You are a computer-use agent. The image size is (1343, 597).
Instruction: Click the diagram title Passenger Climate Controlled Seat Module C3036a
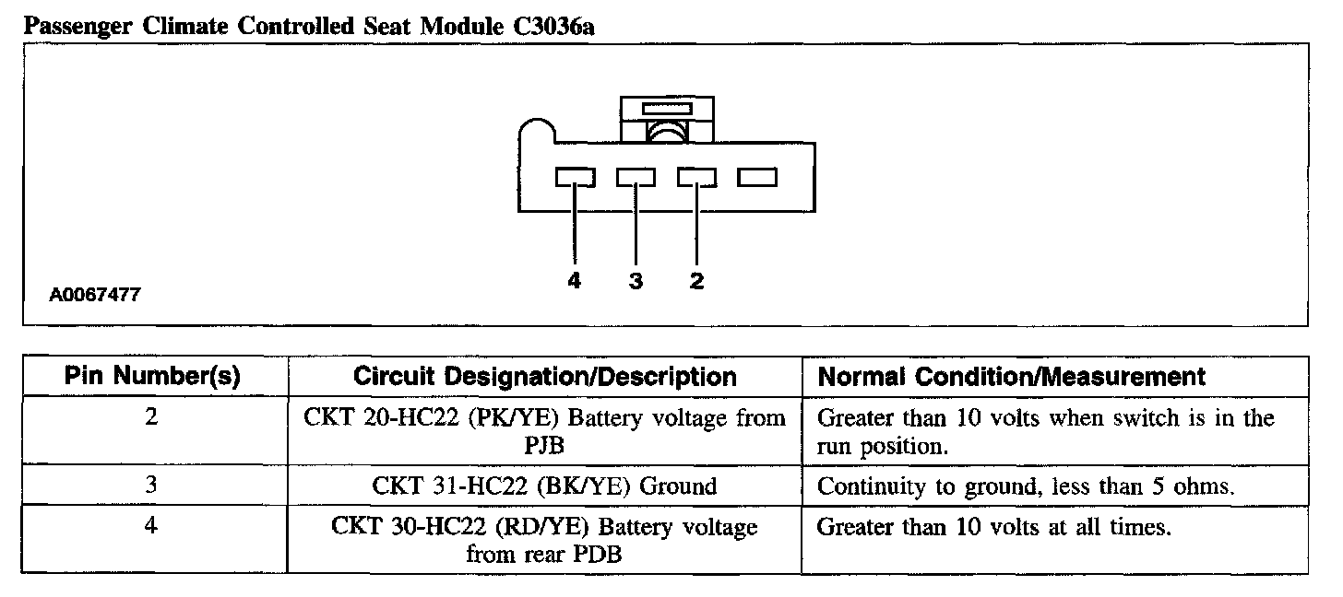click(x=309, y=27)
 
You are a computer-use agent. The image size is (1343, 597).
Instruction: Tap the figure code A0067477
click(x=96, y=296)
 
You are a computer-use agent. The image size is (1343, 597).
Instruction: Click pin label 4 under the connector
click(x=575, y=282)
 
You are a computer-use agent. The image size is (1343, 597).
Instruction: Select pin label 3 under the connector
click(x=636, y=282)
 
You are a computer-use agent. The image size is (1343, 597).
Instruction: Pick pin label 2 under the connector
click(x=696, y=282)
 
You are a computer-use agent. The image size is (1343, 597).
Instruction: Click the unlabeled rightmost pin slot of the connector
click(x=757, y=177)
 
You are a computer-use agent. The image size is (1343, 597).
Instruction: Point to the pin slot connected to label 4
click(x=575, y=177)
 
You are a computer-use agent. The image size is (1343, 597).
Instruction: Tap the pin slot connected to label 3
click(x=636, y=177)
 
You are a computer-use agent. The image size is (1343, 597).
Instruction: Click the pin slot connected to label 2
click(x=696, y=177)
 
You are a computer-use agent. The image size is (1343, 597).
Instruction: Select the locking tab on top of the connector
click(x=665, y=118)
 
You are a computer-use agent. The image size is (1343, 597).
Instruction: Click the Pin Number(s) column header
click(x=153, y=376)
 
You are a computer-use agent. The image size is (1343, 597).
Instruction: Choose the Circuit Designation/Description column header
click(x=545, y=376)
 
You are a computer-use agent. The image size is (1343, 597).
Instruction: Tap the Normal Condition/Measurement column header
click(x=1012, y=376)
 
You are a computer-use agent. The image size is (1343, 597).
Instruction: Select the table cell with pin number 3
click(x=153, y=486)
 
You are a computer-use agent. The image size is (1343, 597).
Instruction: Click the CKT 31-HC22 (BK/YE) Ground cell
click(x=545, y=486)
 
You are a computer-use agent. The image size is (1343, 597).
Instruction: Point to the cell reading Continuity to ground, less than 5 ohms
click(x=1026, y=486)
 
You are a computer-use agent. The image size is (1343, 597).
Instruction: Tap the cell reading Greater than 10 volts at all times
click(x=994, y=528)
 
